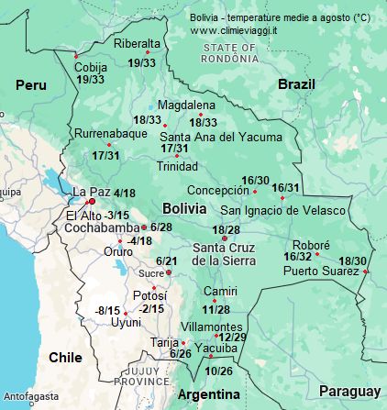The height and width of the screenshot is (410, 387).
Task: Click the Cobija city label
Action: (x=91, y=67)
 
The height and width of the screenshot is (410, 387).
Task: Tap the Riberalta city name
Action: (x=137, y=43)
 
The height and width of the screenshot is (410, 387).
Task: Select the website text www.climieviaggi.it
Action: (x=233, y=30)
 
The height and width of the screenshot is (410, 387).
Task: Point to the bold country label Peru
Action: (x=30, y=84)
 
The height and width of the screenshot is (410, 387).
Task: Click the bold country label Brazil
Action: (x=296, y=83)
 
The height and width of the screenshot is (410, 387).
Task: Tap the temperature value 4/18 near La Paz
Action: (x=125, y=194)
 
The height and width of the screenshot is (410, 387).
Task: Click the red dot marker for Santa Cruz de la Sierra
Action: (x=225, y=238)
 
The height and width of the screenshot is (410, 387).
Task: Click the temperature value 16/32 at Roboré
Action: (x=297, y=256)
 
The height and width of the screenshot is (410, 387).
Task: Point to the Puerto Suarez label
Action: (x=320, y=271)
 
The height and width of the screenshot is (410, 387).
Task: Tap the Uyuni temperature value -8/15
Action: (x=108, y=310)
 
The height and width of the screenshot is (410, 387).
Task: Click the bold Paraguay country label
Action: (x=349, y=392)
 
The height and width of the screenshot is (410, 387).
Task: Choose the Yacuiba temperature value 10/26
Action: (x=219, y=371)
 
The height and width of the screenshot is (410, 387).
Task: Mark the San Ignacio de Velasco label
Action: (x=282, y=210)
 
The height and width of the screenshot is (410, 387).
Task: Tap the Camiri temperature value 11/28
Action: (x=216, y=309)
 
